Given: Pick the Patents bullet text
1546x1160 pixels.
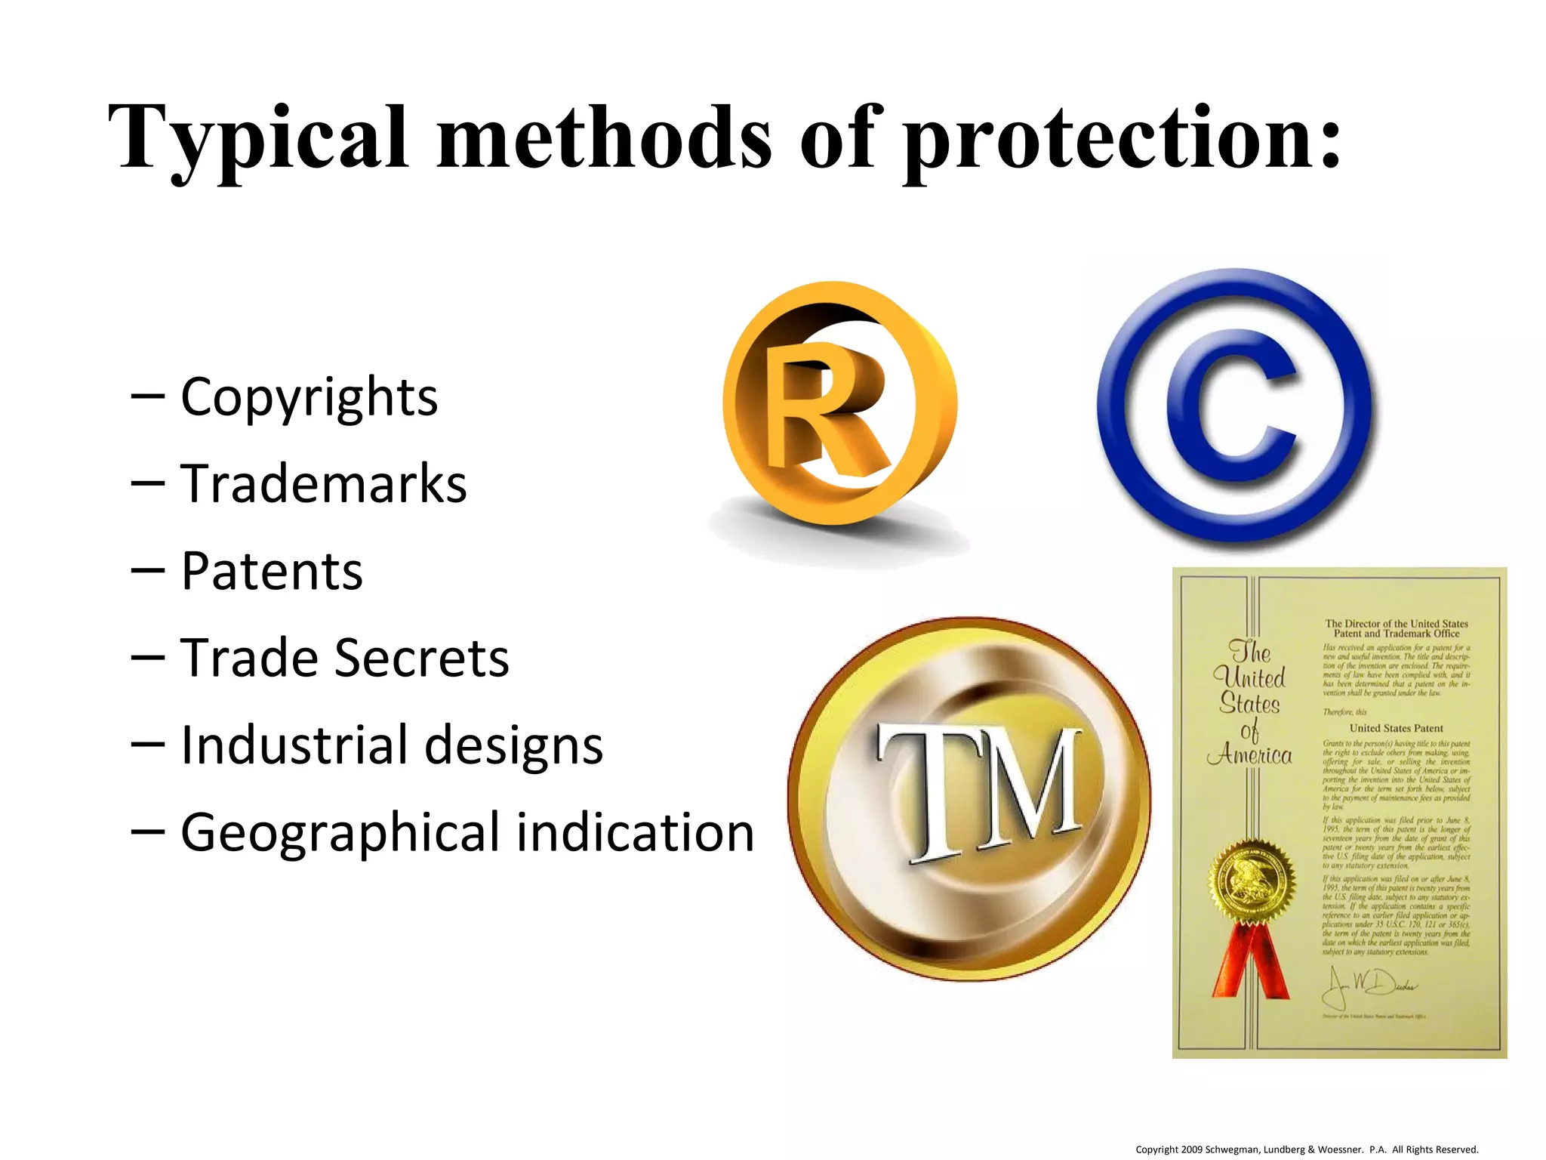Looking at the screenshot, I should (272, 571).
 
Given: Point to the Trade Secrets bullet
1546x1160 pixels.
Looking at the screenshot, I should (345, 658).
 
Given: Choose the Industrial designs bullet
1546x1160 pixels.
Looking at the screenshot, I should (392, 745).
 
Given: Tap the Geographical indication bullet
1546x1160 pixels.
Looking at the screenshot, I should (467, 832).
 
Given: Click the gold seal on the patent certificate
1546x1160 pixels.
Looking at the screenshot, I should (1251, 881).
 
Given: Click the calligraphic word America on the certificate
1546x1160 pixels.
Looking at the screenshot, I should (1250, 755).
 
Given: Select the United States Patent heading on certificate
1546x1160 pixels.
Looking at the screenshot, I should (1396, 728).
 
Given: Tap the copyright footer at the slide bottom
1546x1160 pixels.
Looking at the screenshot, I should (1307, 1149).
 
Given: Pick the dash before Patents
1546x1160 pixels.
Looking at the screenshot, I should (147, 571).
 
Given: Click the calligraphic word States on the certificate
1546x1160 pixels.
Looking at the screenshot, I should (1250, 704).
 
